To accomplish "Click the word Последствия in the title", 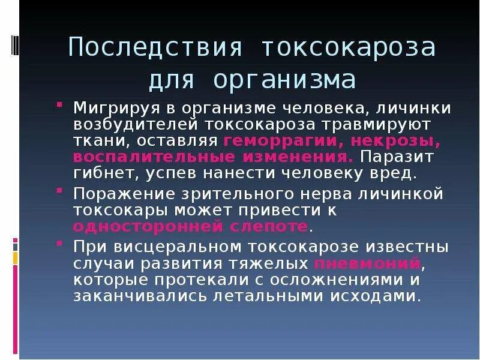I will (x=147, y=47).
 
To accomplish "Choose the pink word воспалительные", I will (x=152, y=157).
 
